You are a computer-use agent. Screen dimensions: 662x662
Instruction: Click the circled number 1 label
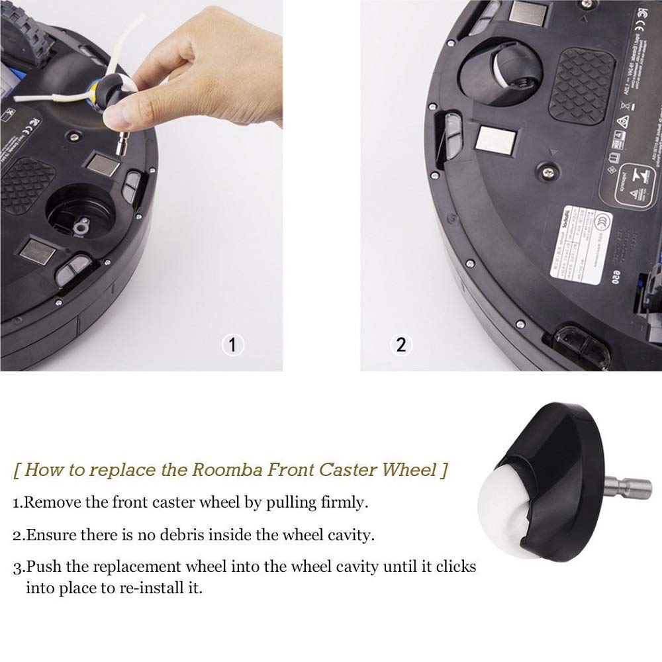[232, 344]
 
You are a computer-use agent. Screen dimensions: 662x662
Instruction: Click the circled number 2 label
[401, 344]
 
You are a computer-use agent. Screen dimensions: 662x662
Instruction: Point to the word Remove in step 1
[49, 502]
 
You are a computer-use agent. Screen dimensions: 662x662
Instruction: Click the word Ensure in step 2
[48, 535]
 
